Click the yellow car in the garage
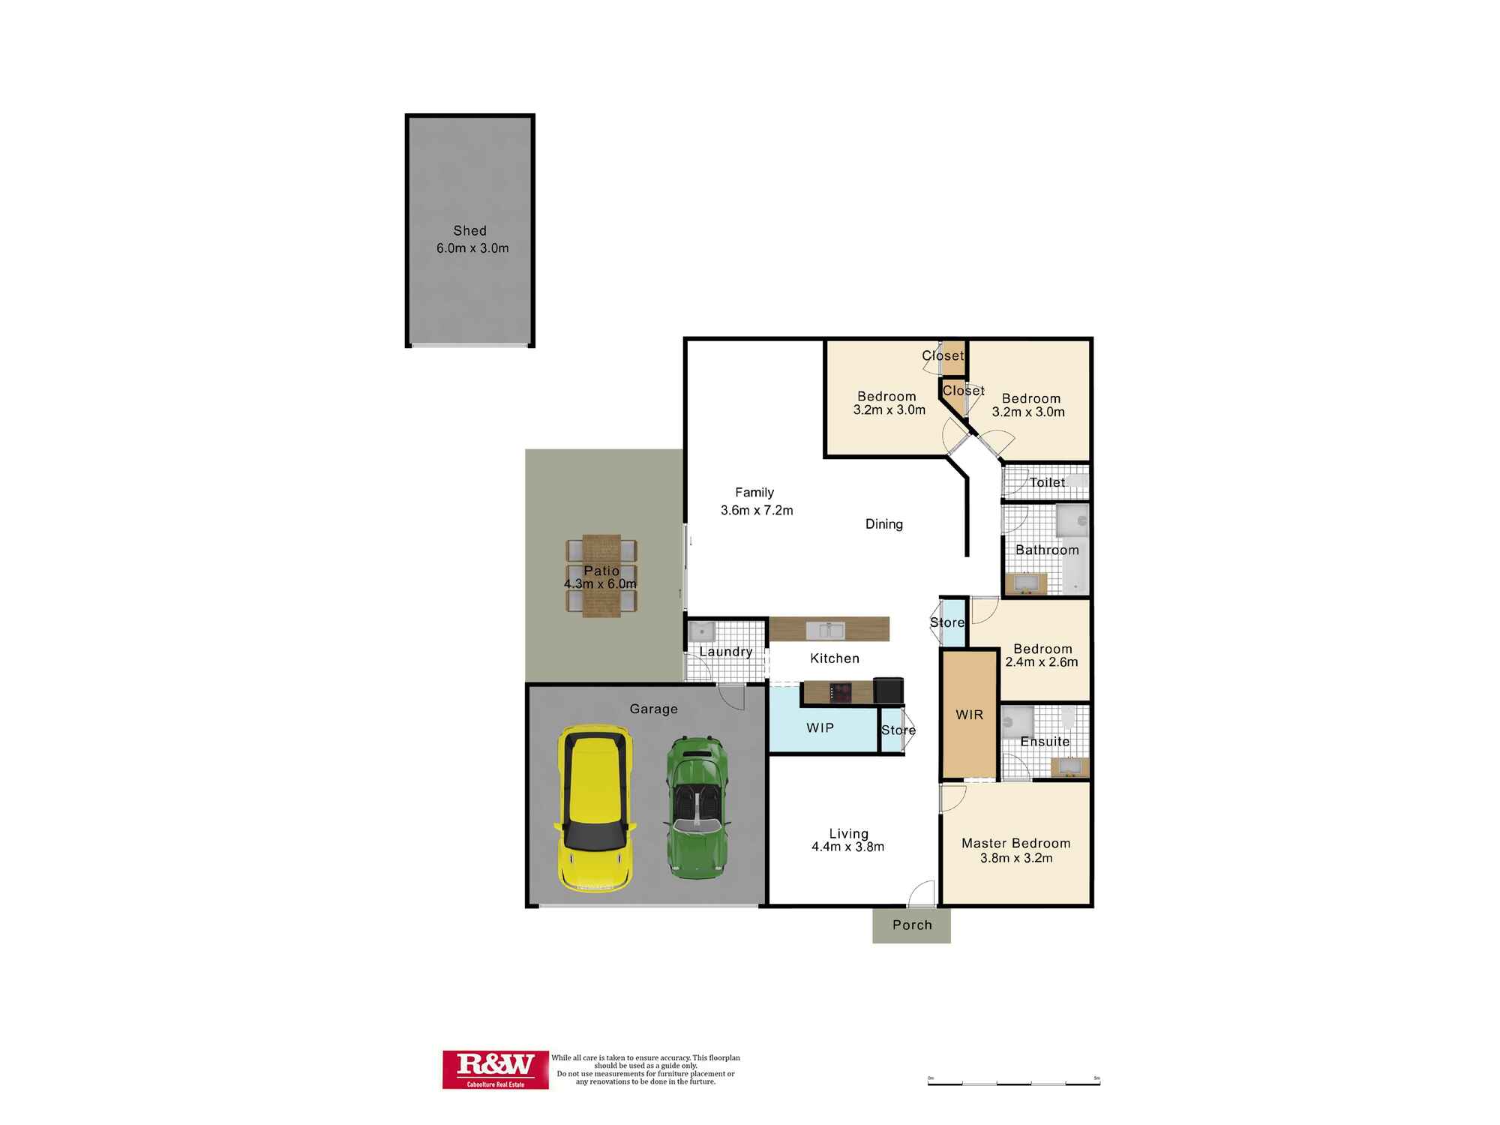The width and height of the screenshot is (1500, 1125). (595, 808)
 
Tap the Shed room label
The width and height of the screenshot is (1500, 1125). (469, 231)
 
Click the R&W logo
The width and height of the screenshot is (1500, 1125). (495, 1069)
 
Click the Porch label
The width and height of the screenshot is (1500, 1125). (912, 925)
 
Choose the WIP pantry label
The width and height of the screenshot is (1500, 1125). (820, 728)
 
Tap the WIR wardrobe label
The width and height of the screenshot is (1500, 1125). (969, 715)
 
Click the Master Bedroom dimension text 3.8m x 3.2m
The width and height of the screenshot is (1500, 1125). (1016, 858)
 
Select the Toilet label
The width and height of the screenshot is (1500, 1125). (1047, 482)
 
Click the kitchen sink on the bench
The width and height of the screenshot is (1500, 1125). (826, 630)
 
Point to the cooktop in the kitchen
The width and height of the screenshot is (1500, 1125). (841, 691)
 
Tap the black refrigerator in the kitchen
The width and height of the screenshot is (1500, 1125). (889, 690)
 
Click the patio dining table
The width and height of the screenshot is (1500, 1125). (601, 575)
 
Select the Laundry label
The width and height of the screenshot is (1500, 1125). (725, 652)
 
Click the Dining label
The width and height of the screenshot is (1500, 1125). (884, 524)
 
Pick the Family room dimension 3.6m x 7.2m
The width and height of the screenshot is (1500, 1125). (757, 511)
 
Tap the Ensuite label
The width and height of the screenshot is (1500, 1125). (1045, 742)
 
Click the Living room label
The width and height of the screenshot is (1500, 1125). (848, 833)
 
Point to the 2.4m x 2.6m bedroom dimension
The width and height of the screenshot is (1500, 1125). (1042, 662)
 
